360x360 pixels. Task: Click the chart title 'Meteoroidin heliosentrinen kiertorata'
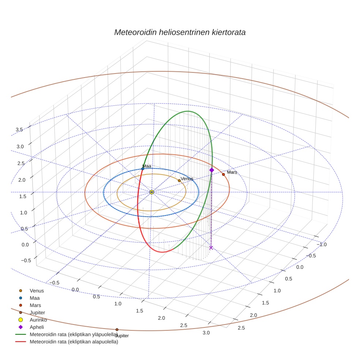click(180, 32)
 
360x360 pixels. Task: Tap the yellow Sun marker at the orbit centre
click(152, 192)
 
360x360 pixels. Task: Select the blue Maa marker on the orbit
click(143, 169)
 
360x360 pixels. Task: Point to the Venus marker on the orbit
click(179, 181)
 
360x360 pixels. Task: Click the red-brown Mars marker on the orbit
click(223, 175)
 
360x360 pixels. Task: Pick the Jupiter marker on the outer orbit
click(117, 330)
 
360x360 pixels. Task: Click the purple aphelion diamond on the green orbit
click(211, 170)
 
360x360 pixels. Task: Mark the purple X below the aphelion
click(211, 248)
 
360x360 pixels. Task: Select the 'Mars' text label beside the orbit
click(232, 172)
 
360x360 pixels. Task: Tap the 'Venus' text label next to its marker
click(187, 179)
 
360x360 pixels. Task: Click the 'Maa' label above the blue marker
click(147, 166)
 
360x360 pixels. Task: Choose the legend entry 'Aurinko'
click(38, 320)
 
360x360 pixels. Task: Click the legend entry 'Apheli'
click(36, 327)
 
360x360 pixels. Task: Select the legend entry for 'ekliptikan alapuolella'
click(74, 342)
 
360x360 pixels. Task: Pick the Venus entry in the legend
click(37, 291)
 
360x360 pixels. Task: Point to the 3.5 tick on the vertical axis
click(19, 130)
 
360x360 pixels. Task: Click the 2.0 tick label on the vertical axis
click(22, 180)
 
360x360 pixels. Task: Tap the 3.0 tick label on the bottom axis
click(206, 333)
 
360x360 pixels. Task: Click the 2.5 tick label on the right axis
click(241, 328)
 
